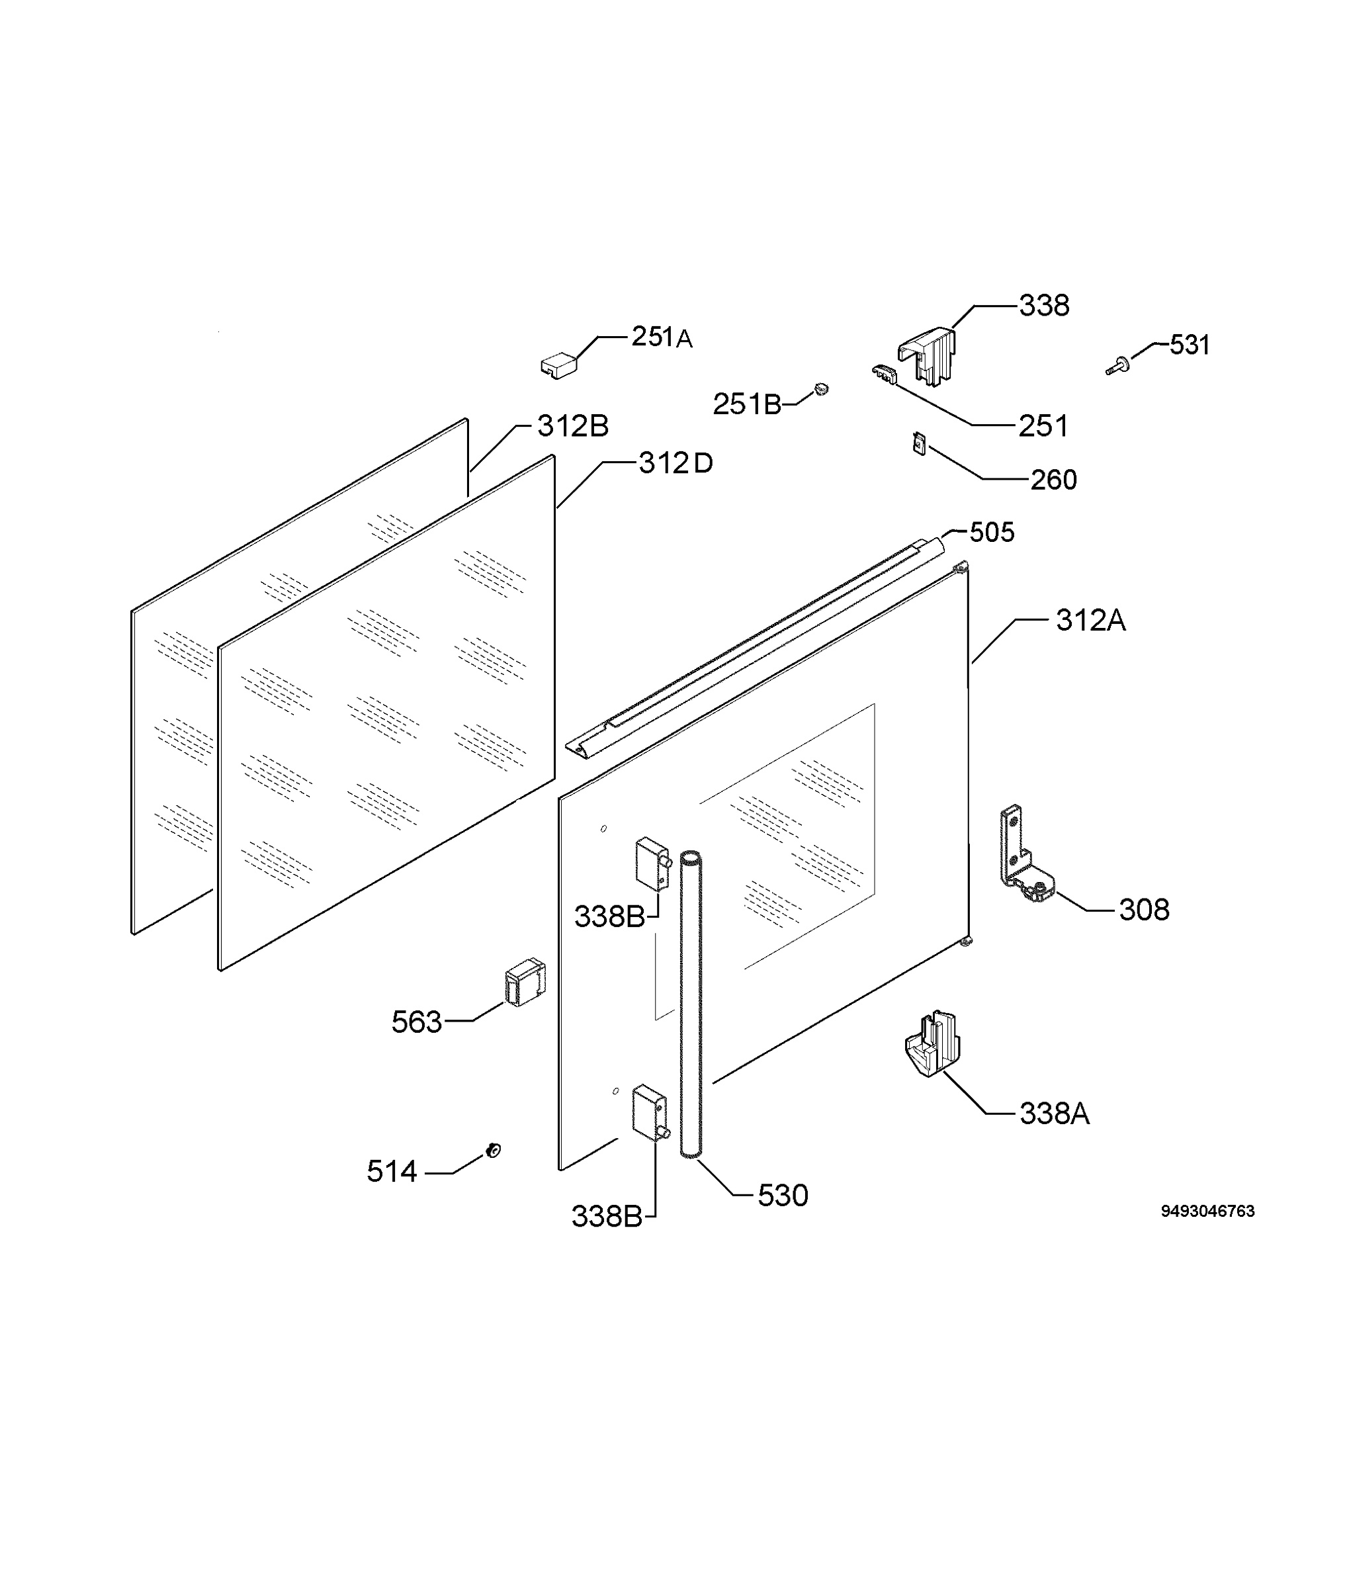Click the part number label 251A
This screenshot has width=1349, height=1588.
pyautogui.click(x=662, y=337)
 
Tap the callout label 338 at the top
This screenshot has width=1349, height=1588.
pyautogui.click(x=1044, y=306)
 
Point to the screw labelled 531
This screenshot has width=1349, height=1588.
pyautogui.click(x=1118, y=367)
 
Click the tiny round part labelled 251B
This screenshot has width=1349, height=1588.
pyautogui.click(x=822, y=388)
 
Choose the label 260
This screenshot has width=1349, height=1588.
pyautogui.click(x=1054, y=480)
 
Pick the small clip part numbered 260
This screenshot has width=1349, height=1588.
pyautogui.click(x=919, y=444)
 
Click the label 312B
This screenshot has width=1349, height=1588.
pyautogui.click(x=573, y=426)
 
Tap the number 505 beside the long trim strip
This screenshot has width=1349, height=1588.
pyautogui.click(x=992, y=533)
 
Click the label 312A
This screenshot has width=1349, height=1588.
pyautogui.click(x=1090, y=621)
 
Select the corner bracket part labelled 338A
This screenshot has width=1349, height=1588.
pyautogui.click(x=932, y=1043)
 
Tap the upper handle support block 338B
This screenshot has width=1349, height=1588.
pyautogui.click(x=654, y=864)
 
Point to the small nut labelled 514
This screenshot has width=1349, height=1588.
pyautogui.click(x=494, y=1151)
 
